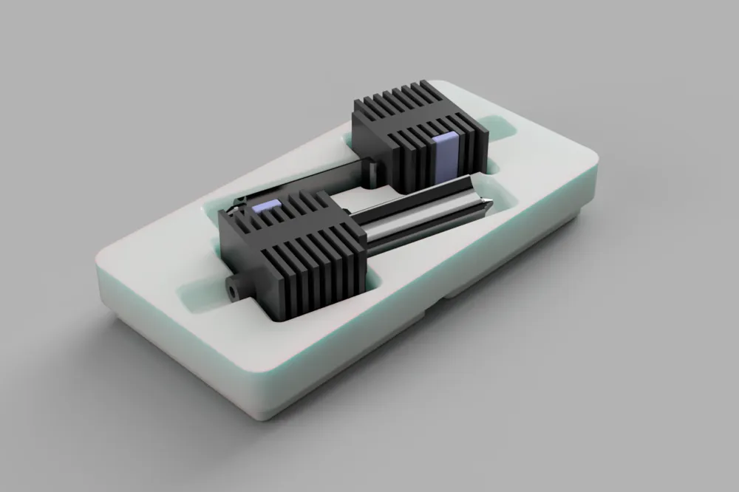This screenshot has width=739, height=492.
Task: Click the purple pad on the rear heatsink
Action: [446, 153]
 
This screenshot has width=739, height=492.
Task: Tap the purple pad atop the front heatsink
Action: [267, 207]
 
